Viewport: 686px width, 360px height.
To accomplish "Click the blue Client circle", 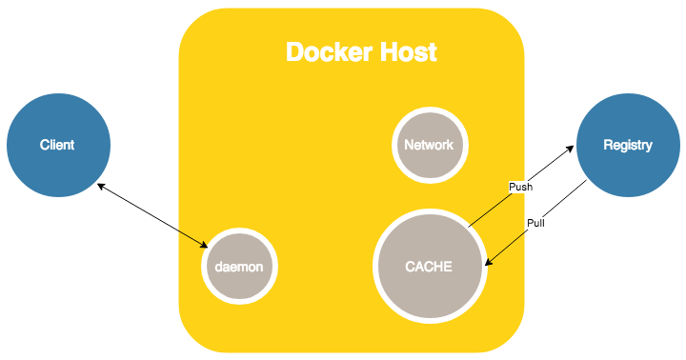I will (x=58, y=146).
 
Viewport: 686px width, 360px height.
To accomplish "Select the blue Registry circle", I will (x=628, y=145).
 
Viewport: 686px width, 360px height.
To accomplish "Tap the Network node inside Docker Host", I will (x=429, y=146).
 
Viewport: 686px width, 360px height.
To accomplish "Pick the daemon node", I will (x=240, y=268).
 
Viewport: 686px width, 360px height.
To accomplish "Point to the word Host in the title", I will (x=406, y=51).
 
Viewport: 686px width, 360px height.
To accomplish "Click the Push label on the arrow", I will (x=520, y=188).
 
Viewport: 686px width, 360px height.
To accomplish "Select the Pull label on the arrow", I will (x=536, y=224).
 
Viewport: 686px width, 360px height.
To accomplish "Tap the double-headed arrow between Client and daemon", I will (x=152, y=215).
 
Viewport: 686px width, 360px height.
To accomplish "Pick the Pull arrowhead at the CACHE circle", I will (x=488, y=266).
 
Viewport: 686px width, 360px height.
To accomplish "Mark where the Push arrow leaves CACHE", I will (x=470, y=227).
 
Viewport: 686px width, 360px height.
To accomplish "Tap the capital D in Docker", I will (x=296, y=51).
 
